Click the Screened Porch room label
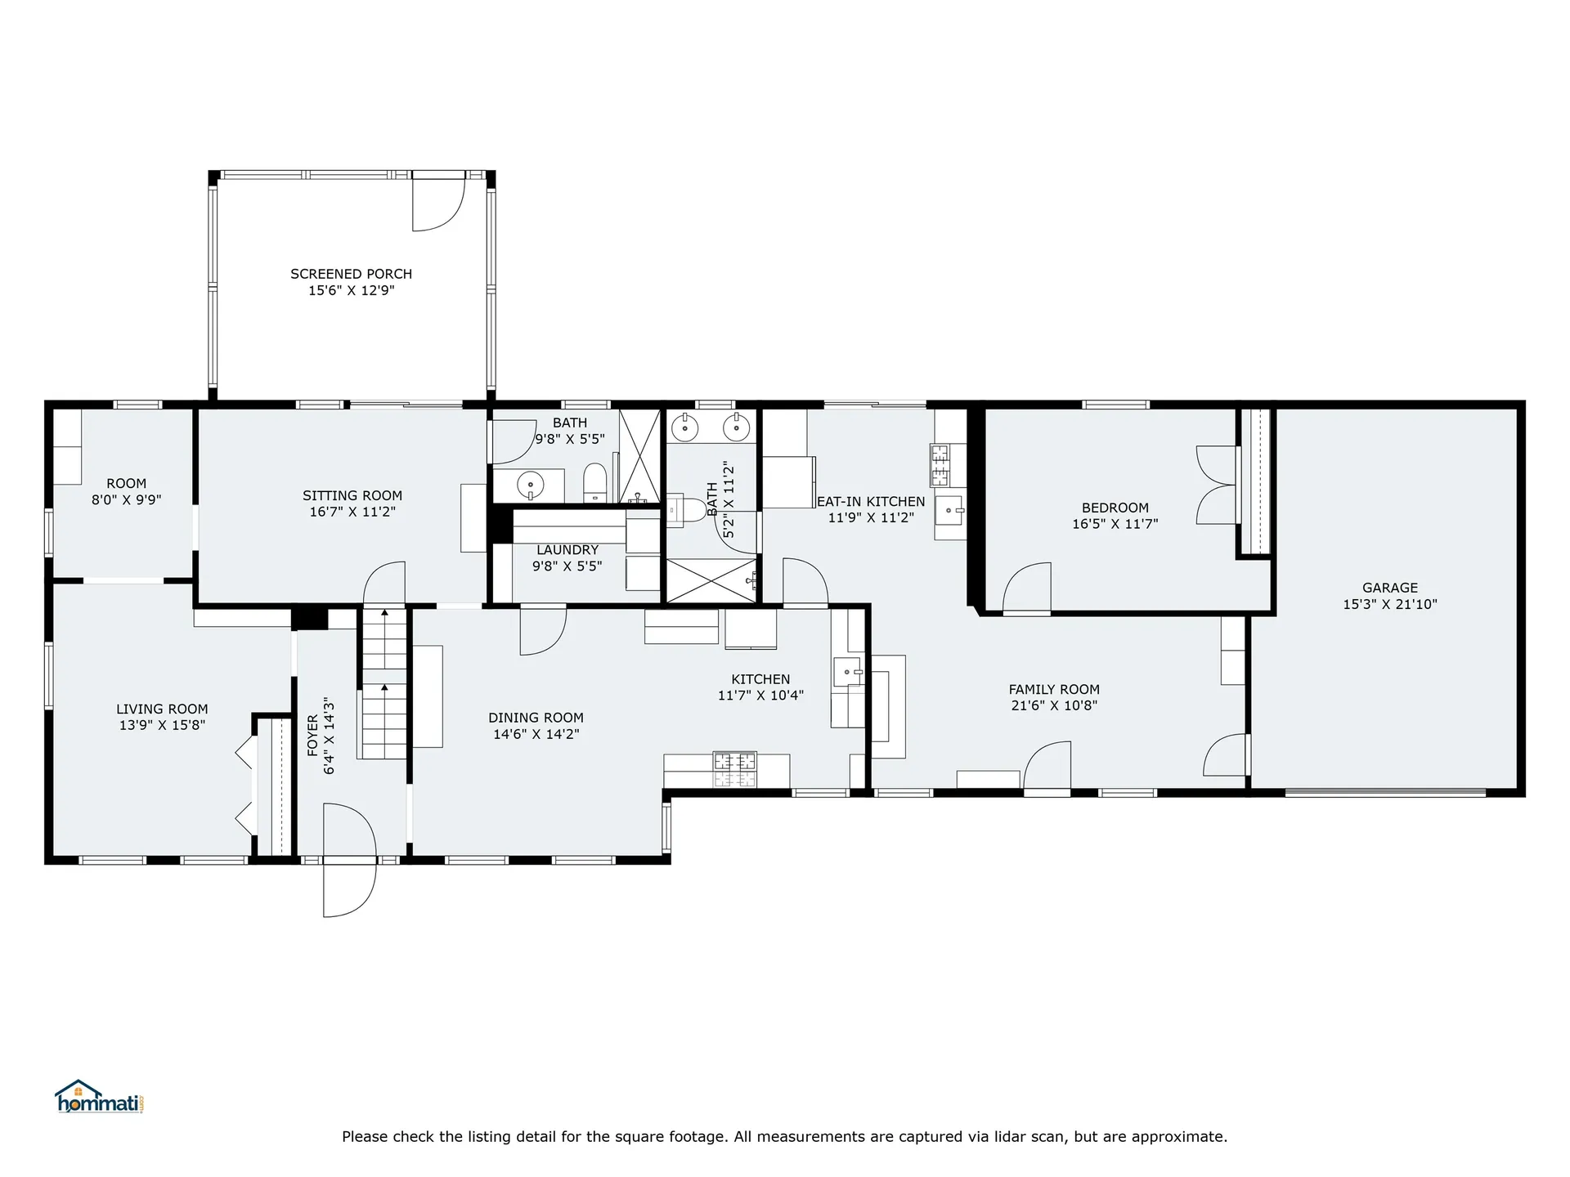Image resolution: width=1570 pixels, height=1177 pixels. (352, 274)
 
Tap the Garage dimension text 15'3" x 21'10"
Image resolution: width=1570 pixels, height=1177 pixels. (1390, 605)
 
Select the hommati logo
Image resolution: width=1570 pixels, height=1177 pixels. (100, 1097)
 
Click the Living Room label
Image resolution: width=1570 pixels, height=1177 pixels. (162, 709)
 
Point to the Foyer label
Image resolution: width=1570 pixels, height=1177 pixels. (312, 736)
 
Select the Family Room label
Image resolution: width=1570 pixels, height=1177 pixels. (1054, 689)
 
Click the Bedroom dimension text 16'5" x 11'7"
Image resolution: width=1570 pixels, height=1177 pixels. (1115, 524)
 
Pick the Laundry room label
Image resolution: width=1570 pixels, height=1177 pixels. (567, 550)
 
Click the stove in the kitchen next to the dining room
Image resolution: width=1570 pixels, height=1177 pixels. (735, 769)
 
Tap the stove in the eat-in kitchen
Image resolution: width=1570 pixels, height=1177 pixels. (939, 464)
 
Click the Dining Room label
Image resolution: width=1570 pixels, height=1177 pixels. (536, 718)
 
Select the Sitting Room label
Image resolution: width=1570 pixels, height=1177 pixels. (352, 495)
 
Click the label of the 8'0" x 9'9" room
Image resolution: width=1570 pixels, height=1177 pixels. (127, 483)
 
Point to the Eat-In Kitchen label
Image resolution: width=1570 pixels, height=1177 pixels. (871, 501)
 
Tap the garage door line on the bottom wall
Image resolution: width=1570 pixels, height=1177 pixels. (1385, 792)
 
